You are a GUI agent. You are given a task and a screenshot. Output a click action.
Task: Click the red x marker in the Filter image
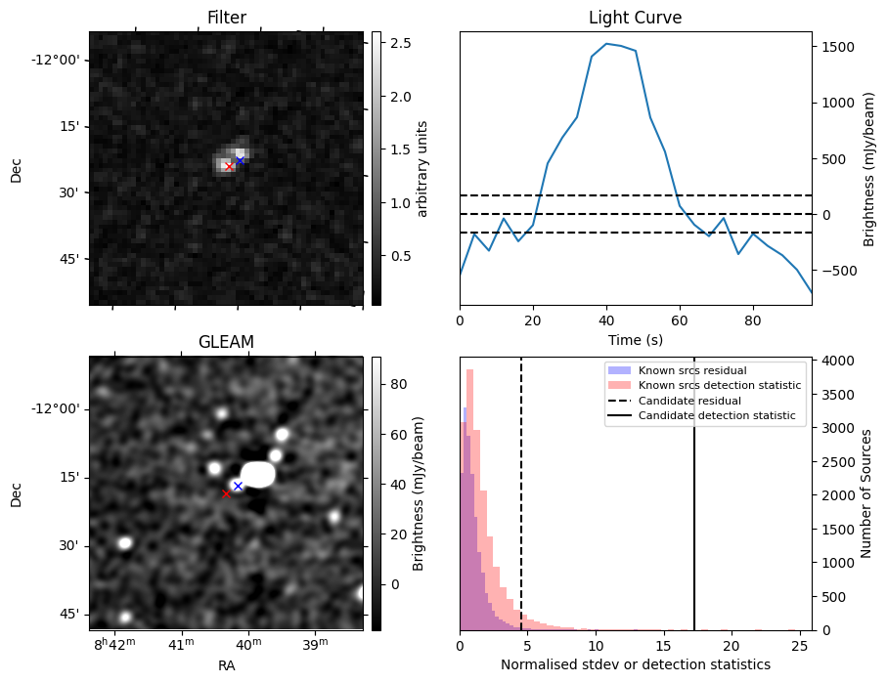coord(229,166)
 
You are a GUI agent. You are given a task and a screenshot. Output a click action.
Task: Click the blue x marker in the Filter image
coord(240,160)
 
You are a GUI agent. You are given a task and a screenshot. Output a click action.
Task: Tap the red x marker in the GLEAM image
coord(226,493)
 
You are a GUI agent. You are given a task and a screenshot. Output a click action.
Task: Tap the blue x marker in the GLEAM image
coord(238,486)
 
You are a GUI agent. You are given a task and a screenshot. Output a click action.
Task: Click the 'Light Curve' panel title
coord(635,18)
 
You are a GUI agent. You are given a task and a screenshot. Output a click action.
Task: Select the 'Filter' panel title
coord(227,18)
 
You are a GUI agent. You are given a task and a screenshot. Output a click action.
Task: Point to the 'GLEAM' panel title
coord(227,342)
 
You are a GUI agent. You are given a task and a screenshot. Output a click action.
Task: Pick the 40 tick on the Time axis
coord(606,319)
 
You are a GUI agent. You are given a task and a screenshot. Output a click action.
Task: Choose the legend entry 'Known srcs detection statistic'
coord(719,385)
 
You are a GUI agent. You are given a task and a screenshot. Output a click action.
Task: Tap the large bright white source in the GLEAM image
coord(259,474)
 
